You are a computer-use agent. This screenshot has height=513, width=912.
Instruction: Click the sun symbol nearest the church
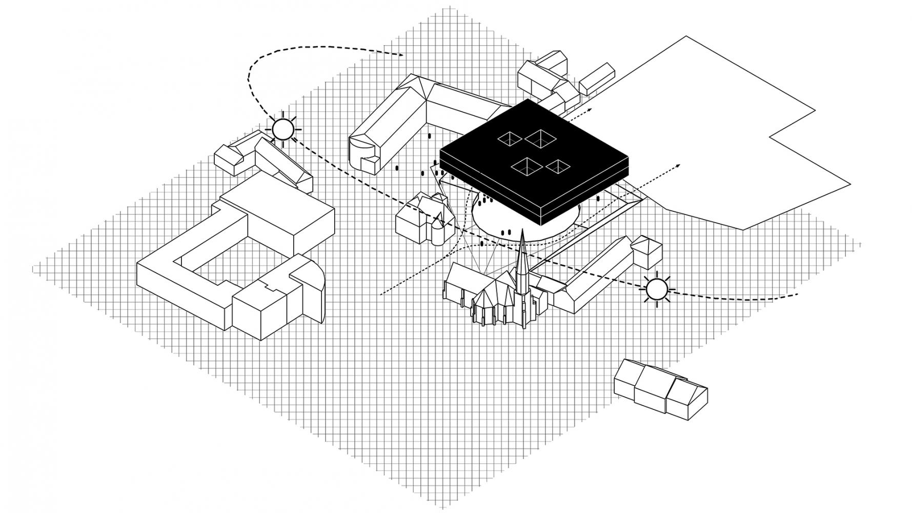657,289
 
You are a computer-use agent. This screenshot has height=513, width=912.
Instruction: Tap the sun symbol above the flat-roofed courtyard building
282,129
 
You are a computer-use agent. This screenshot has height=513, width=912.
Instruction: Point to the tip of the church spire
522,232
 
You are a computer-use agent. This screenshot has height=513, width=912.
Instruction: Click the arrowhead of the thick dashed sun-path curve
400,54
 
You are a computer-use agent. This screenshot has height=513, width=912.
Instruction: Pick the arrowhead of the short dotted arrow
591,109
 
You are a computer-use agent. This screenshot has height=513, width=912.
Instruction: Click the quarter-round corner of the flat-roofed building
314,292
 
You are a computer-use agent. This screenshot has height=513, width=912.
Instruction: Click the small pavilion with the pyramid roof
646,250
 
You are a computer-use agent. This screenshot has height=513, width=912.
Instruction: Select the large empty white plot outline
718,128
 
